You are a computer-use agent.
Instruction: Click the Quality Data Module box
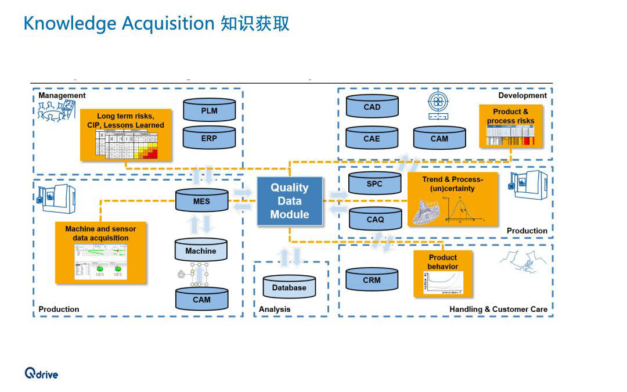289,201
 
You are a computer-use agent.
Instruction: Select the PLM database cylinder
209,110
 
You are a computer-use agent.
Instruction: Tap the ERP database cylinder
209,138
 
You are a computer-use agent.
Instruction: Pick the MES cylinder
201,201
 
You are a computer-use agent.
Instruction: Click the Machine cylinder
201,250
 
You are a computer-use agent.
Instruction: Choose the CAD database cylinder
372,107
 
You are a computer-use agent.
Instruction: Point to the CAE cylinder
372,138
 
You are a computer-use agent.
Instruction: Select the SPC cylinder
374,184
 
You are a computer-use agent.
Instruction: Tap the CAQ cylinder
375,219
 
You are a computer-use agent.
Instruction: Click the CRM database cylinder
372,279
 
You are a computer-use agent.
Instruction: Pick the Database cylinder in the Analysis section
289,287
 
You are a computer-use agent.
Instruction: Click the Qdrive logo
41,373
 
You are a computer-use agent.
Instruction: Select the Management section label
62,95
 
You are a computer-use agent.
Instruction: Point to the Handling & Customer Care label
498,309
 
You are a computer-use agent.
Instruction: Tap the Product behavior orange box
443,273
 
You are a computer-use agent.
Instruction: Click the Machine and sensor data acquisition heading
100,233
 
